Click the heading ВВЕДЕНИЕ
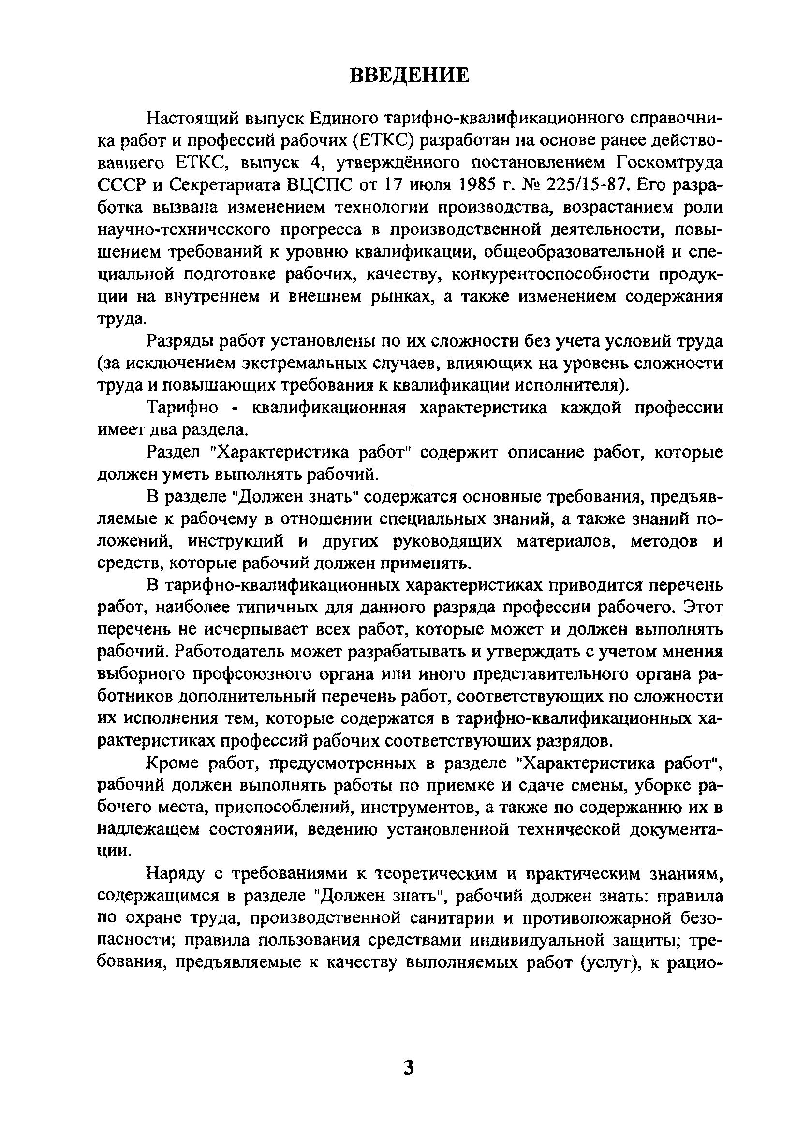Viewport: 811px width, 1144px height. [409, 76]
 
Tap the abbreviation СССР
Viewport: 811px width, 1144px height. [120, 185]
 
